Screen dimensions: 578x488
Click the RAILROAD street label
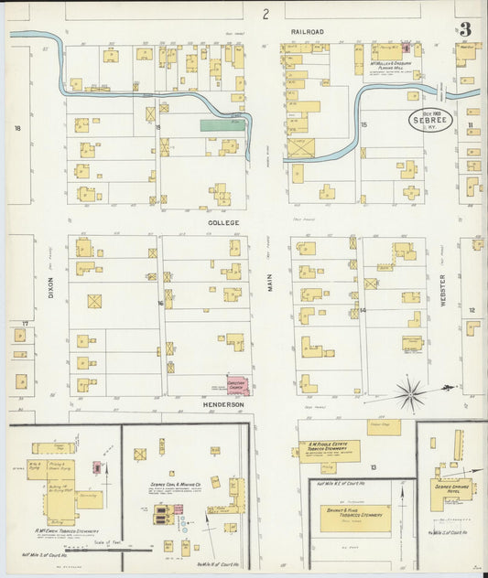click(x=308, y=32)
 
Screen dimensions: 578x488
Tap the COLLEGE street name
click(x=222, y=222)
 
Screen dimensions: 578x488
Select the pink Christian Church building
click(x=237, y=386)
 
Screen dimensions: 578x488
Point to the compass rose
click(x=411, y=394)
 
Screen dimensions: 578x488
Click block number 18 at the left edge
click(x=16, y=129)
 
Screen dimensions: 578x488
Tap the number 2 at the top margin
click(x=266, y=14)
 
